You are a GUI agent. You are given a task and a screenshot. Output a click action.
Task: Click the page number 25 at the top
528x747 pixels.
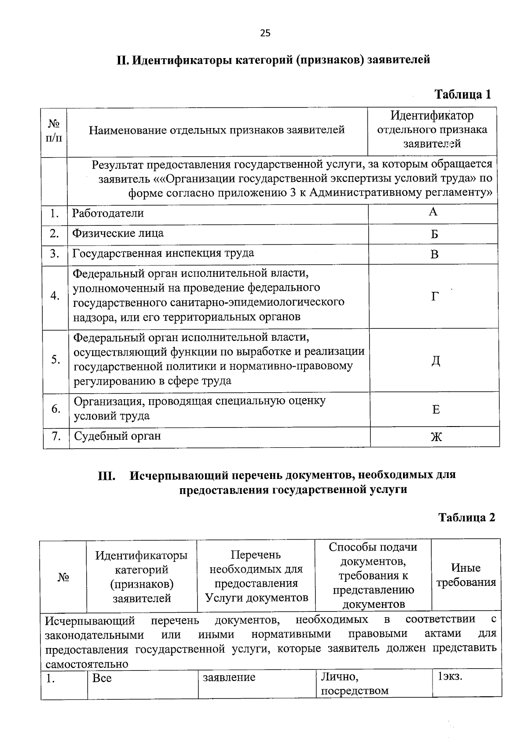(x=265, y=33)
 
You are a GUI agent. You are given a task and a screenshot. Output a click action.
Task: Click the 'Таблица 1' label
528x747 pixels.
(x=462, y=94)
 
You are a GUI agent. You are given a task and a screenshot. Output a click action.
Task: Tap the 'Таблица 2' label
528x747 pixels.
(x=466, y=517)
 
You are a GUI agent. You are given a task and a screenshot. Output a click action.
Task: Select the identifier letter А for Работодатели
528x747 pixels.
(x=433, y=213)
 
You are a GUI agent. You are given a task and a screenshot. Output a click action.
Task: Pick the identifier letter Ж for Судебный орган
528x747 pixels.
(x=436, y=437)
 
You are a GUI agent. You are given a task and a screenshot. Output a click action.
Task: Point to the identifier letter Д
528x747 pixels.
(x=435, y=361)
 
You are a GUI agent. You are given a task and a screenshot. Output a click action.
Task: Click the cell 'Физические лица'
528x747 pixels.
(x=118, y=233)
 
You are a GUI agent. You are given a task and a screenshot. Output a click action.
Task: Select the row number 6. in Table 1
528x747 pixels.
(x=56, y=409)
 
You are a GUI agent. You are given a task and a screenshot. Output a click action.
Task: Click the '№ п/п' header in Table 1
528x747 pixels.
(x=53, y=131)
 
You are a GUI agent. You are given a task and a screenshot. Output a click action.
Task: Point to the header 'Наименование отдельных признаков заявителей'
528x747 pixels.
(x=216, y=130)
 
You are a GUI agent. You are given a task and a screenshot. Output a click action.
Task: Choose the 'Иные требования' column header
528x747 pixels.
(x=466, y=575)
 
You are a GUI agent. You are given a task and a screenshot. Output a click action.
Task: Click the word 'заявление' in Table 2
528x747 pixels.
(x=229, y=677)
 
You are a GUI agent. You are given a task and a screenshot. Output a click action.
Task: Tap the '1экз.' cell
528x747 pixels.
(x=450, y=677)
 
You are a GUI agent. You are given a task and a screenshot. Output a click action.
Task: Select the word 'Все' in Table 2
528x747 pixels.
(x=102, y=678)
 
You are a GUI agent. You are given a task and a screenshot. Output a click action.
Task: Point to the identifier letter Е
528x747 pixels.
(x=436, y=410)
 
